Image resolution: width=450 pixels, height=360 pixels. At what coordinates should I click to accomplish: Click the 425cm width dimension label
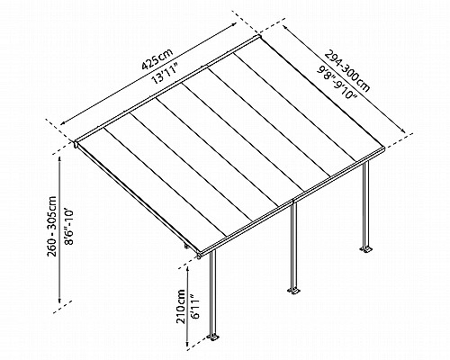coord(157,59)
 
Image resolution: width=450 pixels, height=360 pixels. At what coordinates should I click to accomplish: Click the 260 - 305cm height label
coord(52,226)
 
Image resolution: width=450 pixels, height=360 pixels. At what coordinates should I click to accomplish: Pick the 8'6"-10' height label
coord(68,227)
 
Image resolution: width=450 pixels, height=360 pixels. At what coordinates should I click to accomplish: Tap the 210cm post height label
coord(181,306)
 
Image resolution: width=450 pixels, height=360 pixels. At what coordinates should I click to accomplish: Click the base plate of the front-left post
coord(214,337)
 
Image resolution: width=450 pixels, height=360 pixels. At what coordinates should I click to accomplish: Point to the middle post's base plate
coord(293,291)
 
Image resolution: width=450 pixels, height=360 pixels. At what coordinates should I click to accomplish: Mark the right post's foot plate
coord(366,249)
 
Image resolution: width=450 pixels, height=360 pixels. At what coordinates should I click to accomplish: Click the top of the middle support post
coord(294,204)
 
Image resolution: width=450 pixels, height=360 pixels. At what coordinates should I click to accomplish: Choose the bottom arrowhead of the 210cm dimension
coord(188,343)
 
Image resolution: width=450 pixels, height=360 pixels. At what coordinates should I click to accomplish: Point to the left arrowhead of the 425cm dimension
coord(63,123)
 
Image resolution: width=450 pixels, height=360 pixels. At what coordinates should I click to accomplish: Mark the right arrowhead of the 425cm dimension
coord(234,25)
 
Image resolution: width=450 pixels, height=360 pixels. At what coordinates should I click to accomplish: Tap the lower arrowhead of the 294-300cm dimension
coord(403,130)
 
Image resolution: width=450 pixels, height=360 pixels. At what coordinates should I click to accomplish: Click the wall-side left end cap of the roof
coord(76,144)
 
